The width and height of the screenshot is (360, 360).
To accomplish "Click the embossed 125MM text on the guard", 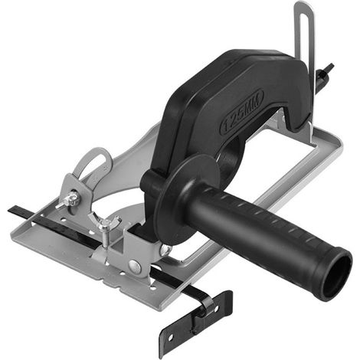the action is pyautogui.click(x=242, y=110).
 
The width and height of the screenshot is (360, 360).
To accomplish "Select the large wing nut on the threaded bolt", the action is pyautogui.click(x=104, y=221).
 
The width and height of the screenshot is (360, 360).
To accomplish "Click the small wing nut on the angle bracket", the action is pyautogui.click(x=68, y=200).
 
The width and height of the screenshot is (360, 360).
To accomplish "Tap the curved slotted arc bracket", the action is pyautogui.click(x=93, y=162).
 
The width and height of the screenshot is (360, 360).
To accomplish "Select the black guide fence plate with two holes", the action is pyautogui.click(x=195, y=323).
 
